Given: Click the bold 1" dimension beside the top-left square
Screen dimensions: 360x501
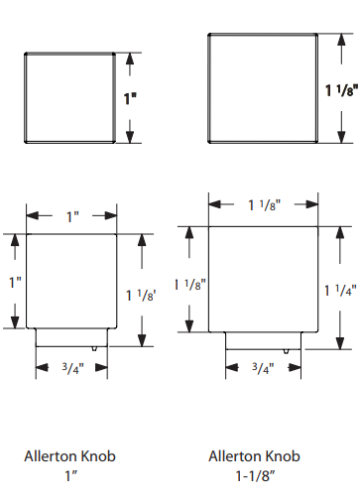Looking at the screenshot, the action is pyautogui.click(x=130, y=98).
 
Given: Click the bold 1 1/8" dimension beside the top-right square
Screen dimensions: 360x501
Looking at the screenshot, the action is pyautogui.click(x=342, y=90).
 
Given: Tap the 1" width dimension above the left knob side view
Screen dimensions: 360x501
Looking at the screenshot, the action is pyautogui.click(x=72, y=217).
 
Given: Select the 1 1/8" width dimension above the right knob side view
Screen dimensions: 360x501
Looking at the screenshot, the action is pyautogui.click(x=264, y=205).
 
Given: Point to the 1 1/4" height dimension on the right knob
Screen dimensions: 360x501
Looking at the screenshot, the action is pyautogui.click(x=340, y=291).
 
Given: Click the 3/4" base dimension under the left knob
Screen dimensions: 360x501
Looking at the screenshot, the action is pyautogui.click(x=73, y=368).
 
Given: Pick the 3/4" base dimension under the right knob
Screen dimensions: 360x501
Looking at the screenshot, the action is pyautogui.click(x=263, y=368).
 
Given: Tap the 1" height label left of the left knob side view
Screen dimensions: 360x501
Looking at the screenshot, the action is pyautogui.click(x=15, y=283).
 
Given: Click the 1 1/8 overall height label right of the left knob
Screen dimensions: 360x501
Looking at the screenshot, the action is pyautogui.click(x=141, y=296).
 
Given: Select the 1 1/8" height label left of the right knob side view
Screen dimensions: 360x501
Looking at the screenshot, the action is pyautogui.click(x=190, y=285).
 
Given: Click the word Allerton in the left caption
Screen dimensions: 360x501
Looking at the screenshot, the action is pyautogui.click(x=51, y=456).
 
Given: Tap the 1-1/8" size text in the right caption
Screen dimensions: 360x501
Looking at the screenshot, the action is pyautogui.click(x=255, y=476).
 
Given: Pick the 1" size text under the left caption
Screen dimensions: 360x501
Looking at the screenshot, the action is pyautogui.click(x=70, y=476).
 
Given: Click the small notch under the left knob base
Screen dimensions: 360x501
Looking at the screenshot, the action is pyautogui.click(x=94, y=348).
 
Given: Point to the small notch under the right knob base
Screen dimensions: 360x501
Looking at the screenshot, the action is pyautogui.click(x=287, y=351).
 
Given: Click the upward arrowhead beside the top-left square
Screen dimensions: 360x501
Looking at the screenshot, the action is pyautogui.click(x=130, y=59).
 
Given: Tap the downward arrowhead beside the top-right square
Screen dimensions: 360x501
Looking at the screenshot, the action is pyautogui.click(x=341, y=137).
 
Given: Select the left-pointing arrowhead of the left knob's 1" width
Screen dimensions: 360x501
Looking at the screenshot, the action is pyautogui.click(x=33, y=216).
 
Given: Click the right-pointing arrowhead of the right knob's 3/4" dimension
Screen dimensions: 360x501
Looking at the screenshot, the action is pyautogui.click(x=295, y=367).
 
